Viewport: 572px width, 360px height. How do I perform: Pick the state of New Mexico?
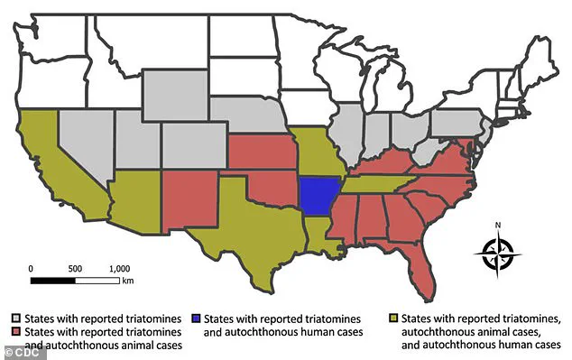[x=189, y=199]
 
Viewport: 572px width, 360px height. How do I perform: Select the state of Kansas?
[x=262, y=152]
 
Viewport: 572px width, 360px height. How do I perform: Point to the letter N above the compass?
[x=498, y=226]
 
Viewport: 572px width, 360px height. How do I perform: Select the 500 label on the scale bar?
[x=75, y=268]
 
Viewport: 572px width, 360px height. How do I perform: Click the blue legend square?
[x=197, y=318]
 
